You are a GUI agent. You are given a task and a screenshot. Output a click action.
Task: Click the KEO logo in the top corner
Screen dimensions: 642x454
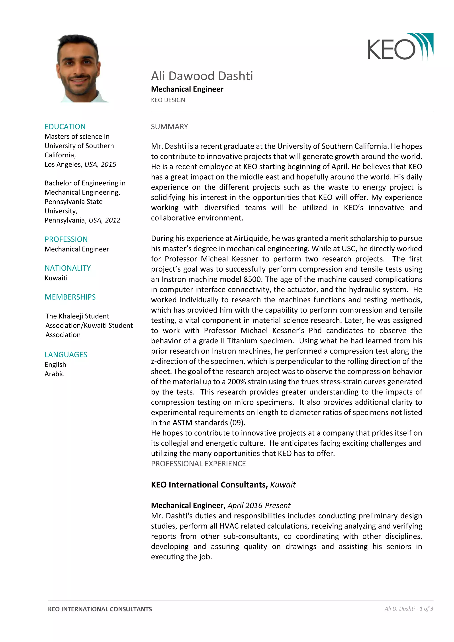[400, 47]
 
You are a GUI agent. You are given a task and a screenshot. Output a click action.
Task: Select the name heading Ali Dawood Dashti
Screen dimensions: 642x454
[202, 76]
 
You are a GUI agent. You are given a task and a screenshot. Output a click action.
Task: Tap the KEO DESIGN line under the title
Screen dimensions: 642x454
[168, 100]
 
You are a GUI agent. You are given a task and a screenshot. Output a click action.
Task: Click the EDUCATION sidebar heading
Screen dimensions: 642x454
[65, 127]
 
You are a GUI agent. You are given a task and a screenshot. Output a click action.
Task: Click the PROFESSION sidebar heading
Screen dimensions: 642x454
[66, 239]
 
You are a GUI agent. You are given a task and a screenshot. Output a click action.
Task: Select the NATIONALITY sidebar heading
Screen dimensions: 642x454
[67, 268]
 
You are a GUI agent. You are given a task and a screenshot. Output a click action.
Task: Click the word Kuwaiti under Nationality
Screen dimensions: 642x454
[56, 278]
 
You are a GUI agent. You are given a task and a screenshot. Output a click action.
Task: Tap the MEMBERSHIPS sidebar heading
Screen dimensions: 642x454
[70, 297]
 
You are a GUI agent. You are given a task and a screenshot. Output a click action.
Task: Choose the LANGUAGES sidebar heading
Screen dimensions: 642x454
[66, 354]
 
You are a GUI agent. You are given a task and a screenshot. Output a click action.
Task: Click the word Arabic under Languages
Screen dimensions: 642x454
[54, 374]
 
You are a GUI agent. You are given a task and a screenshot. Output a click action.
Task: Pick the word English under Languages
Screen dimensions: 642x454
[55, 365]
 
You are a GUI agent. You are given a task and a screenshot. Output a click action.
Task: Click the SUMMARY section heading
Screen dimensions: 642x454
[169, 127]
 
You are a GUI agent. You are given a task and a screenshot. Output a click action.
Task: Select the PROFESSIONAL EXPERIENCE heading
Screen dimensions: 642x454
[198, 464]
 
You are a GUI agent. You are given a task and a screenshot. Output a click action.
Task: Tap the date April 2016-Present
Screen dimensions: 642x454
[259, 505]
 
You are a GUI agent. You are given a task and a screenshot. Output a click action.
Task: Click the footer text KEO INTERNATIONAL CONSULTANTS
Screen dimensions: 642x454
[100, 609]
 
